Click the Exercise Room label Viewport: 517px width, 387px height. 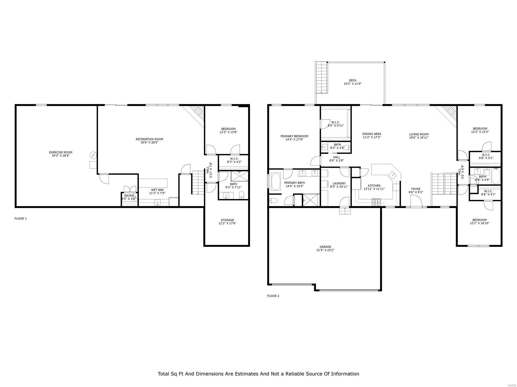pos(60,152)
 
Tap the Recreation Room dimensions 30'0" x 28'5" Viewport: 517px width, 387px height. pos(149,143)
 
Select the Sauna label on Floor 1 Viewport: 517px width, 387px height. pos(129,195)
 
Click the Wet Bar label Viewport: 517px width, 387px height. pos(157,190)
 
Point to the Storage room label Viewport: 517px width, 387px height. pos(227,220)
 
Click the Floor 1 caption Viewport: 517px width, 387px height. pos(20,219)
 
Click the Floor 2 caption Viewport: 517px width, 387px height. pos(273,296)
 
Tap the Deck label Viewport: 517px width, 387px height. pos(353,80)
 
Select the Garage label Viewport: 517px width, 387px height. pos(325,247)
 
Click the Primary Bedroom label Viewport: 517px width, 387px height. pos(294,136)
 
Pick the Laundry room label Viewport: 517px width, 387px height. pos(339,183)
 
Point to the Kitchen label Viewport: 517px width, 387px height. pos(374,185)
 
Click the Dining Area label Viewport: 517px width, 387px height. pos(372,134)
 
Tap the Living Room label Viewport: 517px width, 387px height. pos(419,134)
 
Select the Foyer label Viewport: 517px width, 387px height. pos(416,189)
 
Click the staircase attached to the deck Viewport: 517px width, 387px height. pos(322,77)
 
